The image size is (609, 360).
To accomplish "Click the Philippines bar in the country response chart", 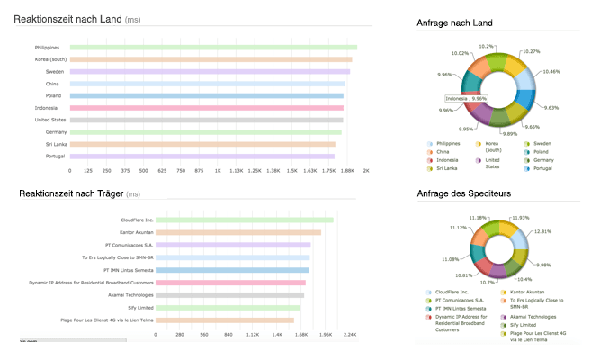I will [212, 47].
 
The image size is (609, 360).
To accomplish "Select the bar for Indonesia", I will [206, 108].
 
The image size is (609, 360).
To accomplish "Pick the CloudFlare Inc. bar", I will [245, 220].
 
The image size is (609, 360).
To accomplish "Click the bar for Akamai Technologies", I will [230, 294].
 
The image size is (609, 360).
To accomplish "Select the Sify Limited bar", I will [228, 307].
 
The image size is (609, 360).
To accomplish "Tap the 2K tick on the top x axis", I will [365, 169].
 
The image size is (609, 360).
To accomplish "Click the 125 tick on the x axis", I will [88, 169].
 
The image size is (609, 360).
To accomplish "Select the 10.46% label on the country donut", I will [550, 71].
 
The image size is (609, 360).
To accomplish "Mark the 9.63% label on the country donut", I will [550, 108].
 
